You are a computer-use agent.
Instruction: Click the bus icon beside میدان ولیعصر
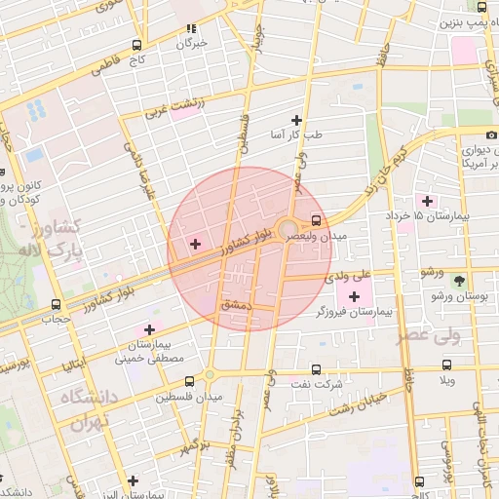point(315,219)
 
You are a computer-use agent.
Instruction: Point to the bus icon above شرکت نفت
point(316,368)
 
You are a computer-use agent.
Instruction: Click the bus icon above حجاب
point(56,304)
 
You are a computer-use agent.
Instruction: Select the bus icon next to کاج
point(135,45)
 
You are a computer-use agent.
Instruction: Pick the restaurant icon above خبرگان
point(191,28)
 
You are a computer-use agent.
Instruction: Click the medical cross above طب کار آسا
point(296,120)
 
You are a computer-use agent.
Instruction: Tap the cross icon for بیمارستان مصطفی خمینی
point(149,329)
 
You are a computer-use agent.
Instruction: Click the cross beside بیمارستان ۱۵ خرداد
point(427,200)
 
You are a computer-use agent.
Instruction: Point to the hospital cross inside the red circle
point(195,243)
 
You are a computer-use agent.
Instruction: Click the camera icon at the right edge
point(490,134)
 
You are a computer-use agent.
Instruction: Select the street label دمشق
point(237,305)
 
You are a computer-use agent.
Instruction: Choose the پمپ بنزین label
point(462,20)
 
